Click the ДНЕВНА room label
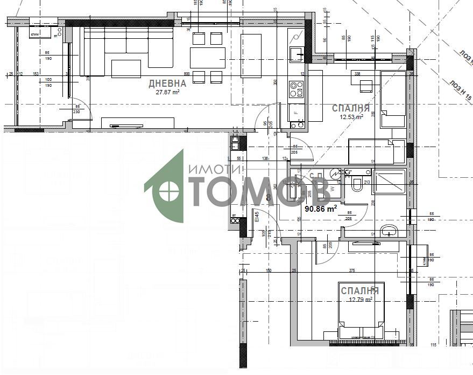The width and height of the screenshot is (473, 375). coord(167,84)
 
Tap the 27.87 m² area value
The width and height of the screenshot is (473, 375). coord(167,92)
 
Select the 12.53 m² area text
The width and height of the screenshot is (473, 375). coord(351,116)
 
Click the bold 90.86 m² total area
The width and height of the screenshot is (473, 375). coord(321,208)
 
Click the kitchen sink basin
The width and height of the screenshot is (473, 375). coord(296,54)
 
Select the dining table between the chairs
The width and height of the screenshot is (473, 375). coord(207,56)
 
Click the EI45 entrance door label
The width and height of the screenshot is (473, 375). coord(257,217)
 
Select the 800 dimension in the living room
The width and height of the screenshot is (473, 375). coord(187,74)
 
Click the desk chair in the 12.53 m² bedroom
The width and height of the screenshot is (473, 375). coord(365,86)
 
